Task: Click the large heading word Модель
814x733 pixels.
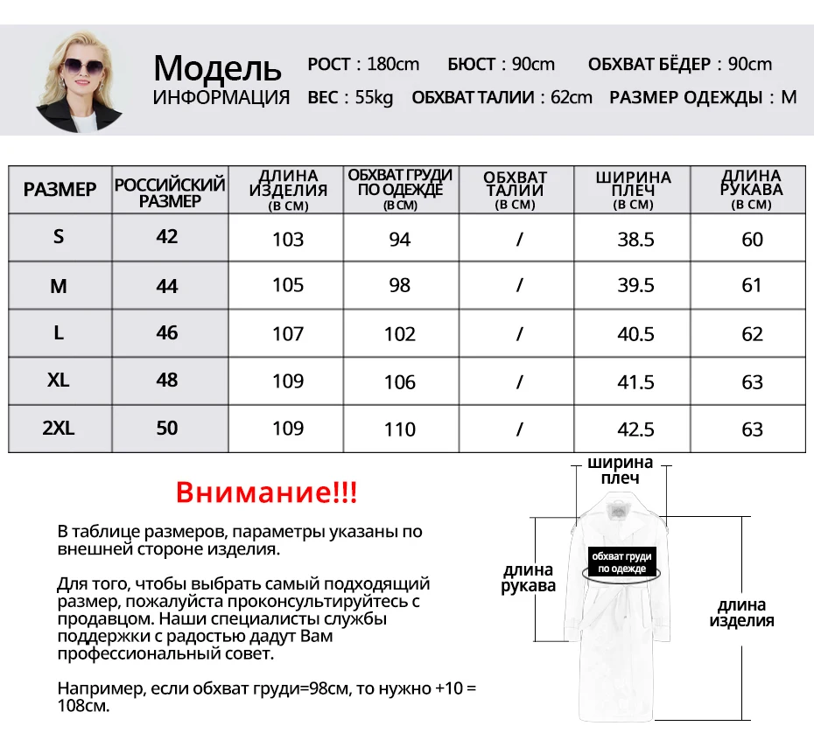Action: tap(217, 68)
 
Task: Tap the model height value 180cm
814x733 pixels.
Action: tap(393, 64)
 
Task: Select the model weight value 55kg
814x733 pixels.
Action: tap(374, 97)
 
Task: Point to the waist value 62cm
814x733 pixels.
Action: tap(569, 97)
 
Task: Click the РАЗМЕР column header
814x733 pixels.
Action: tap(60, 190)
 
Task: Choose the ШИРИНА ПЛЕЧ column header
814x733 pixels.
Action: tap(633, 189)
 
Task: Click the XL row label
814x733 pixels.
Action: tap(59, 380)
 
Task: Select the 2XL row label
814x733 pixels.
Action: tap(59, 429)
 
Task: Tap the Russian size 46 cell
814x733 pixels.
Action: tap(167, 333)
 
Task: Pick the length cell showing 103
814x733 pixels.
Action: tap(288, 240)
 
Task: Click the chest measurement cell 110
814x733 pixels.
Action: tap(400, 429)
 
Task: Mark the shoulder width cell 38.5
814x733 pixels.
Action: tap(635, 240)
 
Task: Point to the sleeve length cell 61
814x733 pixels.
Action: tap(752, 285)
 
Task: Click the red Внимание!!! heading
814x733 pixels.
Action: tap(266, 492)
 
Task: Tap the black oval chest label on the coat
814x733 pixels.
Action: tap(621, 562)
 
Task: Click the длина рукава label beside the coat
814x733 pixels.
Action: tap(528, 578)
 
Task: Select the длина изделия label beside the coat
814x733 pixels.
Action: tap(741, 612)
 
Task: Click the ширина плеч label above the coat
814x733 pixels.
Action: tap(620, 470)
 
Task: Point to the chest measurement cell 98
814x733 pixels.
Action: tap(400, 285)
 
